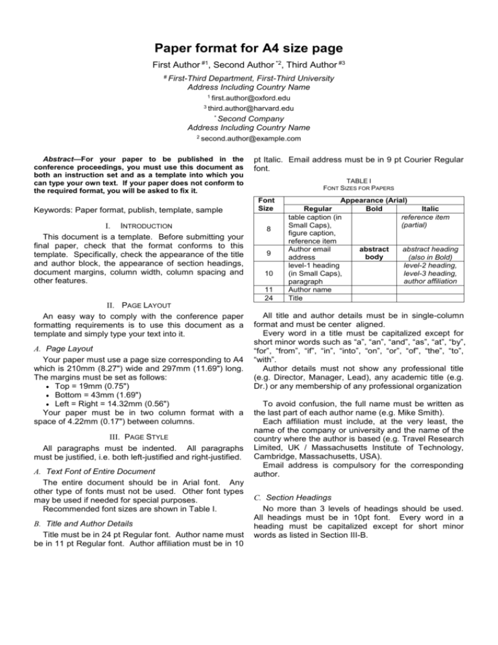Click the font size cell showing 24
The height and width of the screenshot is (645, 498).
click(267, 299)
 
